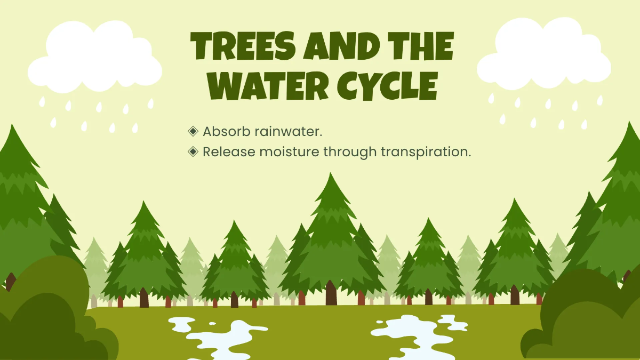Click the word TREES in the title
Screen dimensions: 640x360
(243, 46)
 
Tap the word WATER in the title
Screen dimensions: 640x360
(268, 86)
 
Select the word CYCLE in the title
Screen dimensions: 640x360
(387, 86)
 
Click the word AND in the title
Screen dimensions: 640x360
(342, 46)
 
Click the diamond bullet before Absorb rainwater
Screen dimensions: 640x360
(193, 131)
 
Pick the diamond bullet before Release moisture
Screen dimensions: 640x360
(193, 151)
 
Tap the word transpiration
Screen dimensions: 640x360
(426, 152)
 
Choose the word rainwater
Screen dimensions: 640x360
(289, 132)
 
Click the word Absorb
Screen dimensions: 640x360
(227, 131)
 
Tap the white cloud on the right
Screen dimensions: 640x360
(544, 54)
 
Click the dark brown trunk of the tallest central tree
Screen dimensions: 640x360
(331, 293)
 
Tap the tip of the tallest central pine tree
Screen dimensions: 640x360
(331, 173)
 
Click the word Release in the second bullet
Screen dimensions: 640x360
(229, 151)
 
